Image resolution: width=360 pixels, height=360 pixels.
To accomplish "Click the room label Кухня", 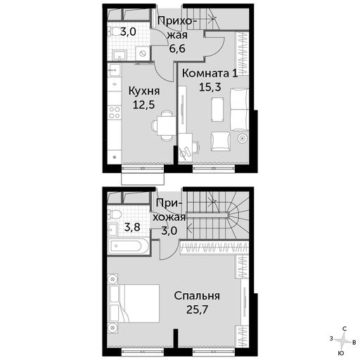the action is [144, 91].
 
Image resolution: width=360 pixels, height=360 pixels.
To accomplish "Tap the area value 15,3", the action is [210, 87].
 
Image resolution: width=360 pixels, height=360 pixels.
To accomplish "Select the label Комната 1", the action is [210, 74].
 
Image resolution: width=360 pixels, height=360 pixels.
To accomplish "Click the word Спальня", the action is [197, 296].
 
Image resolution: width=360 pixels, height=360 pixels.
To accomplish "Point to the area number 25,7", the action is [197, 309].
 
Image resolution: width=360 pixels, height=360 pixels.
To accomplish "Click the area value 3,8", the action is [132, 227].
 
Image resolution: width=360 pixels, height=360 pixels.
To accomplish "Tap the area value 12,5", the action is [143, 105].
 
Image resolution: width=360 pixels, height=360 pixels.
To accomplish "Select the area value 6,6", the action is [177, 49].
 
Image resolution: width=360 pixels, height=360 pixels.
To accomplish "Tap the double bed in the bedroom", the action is [134, 303].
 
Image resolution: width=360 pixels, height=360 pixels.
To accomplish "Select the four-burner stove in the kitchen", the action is [115, 112].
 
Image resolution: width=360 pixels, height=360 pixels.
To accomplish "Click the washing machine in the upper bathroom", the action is [143, 53].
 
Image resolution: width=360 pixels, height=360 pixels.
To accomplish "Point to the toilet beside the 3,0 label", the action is [114, 31].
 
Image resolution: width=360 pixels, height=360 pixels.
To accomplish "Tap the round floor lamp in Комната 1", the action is [243, 139].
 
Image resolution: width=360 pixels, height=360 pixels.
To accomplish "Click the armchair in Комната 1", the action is [221, 141].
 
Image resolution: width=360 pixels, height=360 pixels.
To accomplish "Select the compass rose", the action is [343, 340].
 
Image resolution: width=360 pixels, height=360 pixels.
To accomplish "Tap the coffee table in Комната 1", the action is [217, 110].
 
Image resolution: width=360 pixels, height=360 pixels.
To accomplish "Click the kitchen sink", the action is [115, 70].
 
